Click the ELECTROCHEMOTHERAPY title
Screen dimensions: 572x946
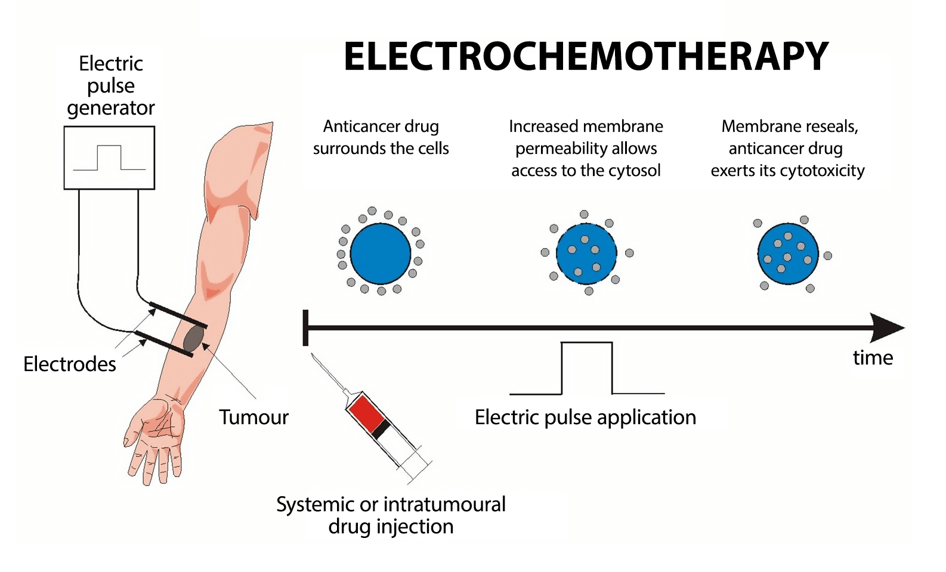coord(586,57)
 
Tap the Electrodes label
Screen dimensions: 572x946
coord(69,364)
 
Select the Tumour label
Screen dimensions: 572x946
coord(253,417)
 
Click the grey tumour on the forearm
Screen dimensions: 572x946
coord(193,338)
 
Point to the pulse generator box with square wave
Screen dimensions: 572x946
coord(109,157)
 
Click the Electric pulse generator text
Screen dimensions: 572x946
coord(110,85)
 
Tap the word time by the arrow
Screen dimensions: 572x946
coord(873,357)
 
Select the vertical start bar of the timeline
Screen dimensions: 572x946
coord(305,327)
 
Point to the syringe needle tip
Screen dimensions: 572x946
coord(314,356)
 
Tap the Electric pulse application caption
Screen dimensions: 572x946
coord(585,417)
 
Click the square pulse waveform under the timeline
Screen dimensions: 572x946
coord(587,368)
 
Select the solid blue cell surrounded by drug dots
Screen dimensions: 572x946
coord(381,253)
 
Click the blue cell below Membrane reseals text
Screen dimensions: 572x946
coord(787,254)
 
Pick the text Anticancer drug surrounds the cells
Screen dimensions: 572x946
coord(381,137)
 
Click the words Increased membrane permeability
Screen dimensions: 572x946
coord(586,137)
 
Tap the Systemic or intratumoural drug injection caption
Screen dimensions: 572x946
coord(391,515)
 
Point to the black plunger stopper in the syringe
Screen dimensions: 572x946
coord(382,429)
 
